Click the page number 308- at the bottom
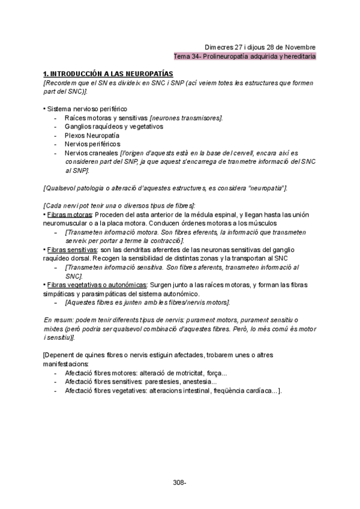coord(179,482)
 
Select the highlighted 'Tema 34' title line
coord(244,56)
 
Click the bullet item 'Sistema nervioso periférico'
coord(86,109)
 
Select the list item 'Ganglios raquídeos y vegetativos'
coord(114,127)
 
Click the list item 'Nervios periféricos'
coord(92,144)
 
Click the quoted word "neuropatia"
coord(268,188)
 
